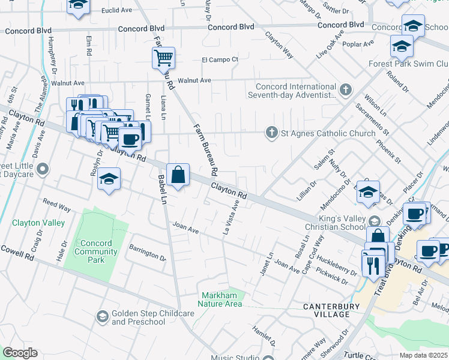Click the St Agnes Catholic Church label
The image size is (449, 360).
tap(328, 133)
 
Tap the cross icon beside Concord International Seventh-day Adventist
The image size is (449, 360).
tap(345, 91)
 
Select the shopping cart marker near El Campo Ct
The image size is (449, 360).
tap(163, 58)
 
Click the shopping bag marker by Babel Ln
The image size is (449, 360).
tap(178, 175)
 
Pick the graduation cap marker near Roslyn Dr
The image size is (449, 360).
tap(109, 179)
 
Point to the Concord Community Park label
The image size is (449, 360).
tap(96, 251)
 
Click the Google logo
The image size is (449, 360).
tap(20, 353)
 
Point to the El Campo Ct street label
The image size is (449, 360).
tap(220, 59)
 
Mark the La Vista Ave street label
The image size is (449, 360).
tap(232, 218)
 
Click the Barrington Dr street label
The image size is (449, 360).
tap(148, 253)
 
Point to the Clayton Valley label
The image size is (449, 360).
tap(38, 223)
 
